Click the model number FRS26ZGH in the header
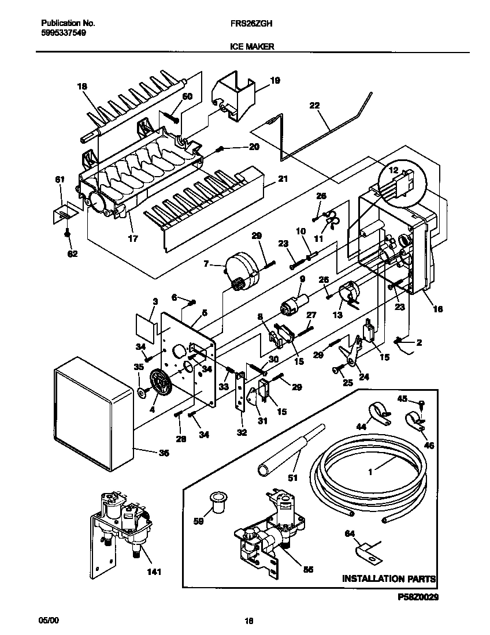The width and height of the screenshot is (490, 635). coord(247,24)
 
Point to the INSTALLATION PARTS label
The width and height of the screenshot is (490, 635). coord(388,578)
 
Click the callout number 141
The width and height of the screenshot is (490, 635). coord(153,572)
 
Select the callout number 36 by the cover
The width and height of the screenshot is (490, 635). coord(164,453)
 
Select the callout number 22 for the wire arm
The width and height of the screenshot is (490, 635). coord(314,105)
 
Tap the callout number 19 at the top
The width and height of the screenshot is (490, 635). coord(275,81)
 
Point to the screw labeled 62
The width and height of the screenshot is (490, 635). coord(68,233)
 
